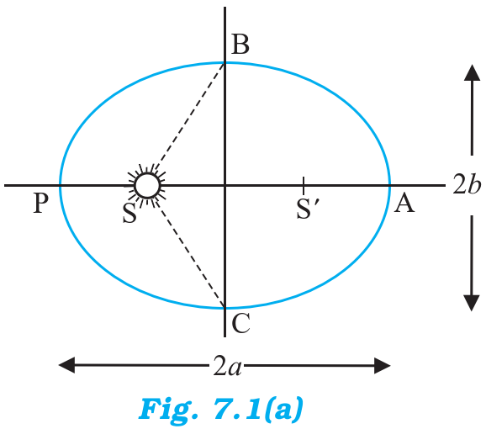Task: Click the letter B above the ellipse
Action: (x=240, y=45)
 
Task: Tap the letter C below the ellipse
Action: (x=240, y=323)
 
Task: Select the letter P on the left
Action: (x=40, y=203)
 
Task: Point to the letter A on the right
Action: (x=404, y=203)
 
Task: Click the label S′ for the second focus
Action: (x=308, y=209)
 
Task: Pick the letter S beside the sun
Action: (x=129, y=213)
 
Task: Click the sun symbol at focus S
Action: (x=147, y=185)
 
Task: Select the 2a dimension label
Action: (x=227, y=365)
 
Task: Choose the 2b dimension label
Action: (x=467, y=185)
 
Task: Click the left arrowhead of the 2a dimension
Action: (x=66, y=365)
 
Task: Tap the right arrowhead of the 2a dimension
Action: (x=383, y=365)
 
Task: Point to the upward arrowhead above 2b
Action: (x=472, y=72)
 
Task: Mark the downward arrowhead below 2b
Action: (x=472, y=303)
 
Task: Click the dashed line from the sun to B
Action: (x=189, y=117)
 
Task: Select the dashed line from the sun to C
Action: (x=189, y=253)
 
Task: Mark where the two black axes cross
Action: (x=225, y=185)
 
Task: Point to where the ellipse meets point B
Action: (x=225, y=63)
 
